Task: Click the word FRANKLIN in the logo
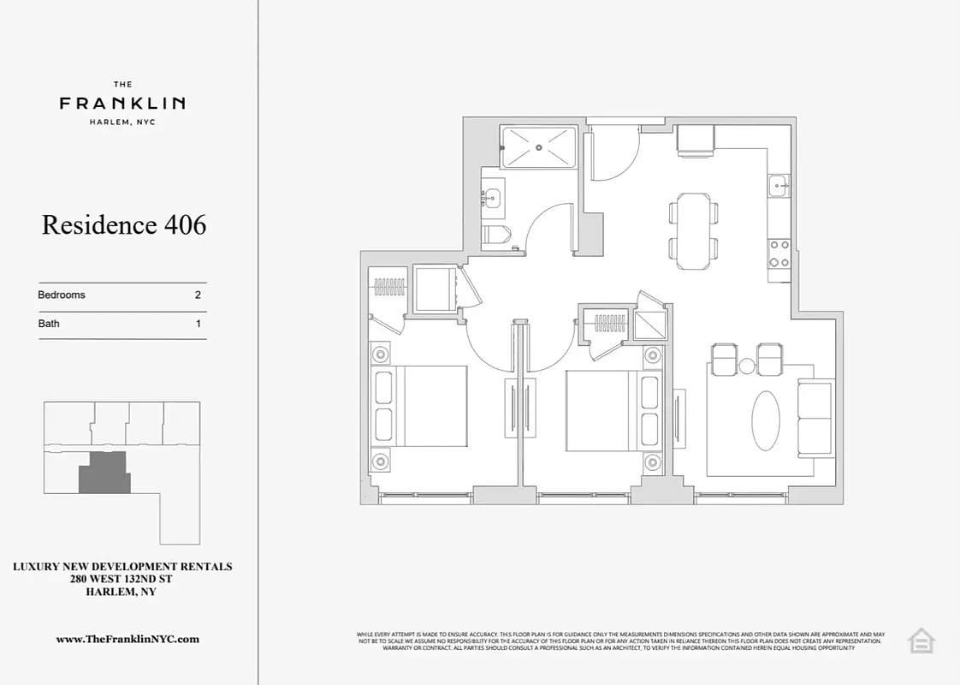click(x=122, y=104)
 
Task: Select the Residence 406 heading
click(x=124, y=225)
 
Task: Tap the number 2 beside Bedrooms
click(x=198, y=295)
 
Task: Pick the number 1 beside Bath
click(x=199, y=324)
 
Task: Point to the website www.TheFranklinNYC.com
click(x=127, y=639)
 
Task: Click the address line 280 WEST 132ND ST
click(x=122, y=579)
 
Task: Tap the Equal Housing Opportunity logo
click(x=921, y=640)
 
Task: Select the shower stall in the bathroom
click(x=538, y=146)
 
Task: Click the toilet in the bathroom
click(x=496, y=235)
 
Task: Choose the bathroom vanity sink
click(x=492, y=198)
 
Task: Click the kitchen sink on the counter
click(x=779, y=185)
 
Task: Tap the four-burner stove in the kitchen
click(x=779, y=252)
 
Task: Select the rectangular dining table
click(x=692, y=230)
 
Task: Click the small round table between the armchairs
click(x=747, y=366)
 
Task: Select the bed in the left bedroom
click(x=421, y=406)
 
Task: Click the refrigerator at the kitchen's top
click(x=695, y=140)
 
